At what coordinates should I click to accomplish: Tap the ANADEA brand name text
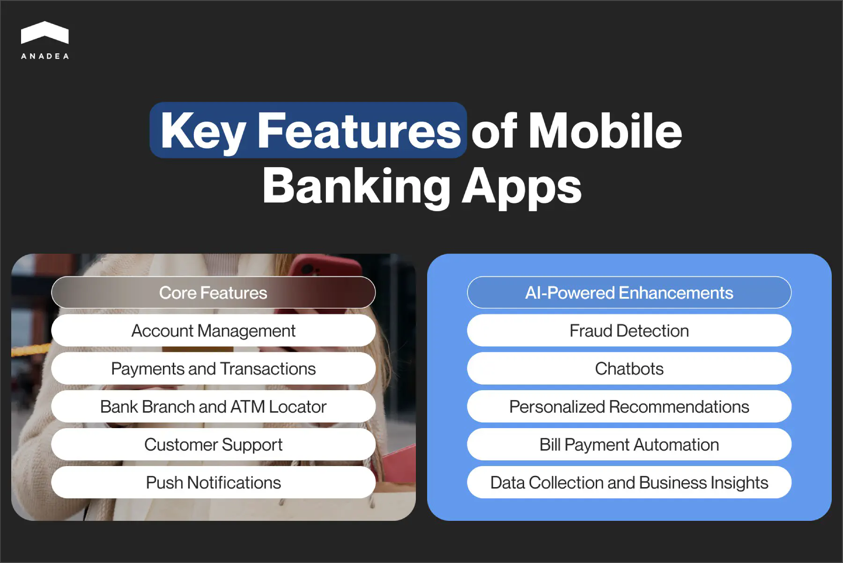pos(45,56)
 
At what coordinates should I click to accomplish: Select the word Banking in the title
pos(356,186)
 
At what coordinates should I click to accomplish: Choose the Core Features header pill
pos(213,293)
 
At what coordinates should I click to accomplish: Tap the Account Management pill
pos(213,331)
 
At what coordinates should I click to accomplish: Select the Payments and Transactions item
pos(213,369)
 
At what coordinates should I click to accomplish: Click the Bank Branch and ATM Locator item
pos(213,407)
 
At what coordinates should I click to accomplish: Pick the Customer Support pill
pos(213,444)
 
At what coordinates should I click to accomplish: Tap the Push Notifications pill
pos(213,482)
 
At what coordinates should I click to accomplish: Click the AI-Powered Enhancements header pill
pos(629,293)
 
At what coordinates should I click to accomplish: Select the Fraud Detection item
pos(629,331)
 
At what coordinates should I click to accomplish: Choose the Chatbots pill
pos(629,369)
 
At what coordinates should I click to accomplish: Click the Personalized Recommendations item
pos(629,407)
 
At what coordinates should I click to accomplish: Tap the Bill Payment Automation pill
pos(629,444)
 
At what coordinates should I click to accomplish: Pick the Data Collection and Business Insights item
pos(629,482)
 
